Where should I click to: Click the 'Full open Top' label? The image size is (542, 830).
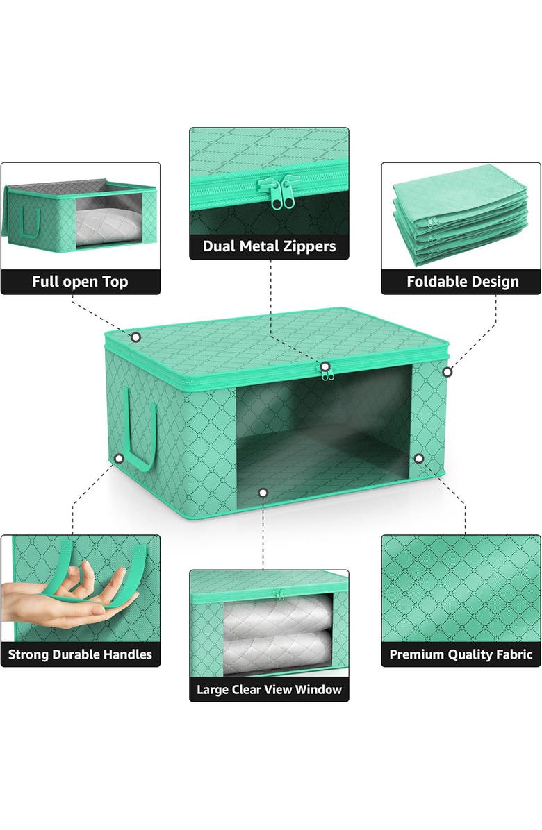tap(80, 282)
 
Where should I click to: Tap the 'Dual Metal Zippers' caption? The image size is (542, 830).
tap(269, 246)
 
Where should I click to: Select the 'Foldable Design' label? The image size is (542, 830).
tap(462, 282)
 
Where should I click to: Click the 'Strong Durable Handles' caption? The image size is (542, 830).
tap(80, 654)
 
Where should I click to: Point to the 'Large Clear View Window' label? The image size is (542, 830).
tap(269, 689)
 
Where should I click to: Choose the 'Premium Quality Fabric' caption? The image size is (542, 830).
tap(461, 654)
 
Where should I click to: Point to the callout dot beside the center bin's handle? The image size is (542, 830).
tap(120, 459)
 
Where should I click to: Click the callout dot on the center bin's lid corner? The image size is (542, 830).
tap(136, 337)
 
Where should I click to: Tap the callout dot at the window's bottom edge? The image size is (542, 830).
tap(263, 493)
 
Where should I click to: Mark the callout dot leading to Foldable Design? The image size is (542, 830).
tap(447, 372)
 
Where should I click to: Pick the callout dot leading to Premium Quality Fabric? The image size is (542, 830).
tap(418, 459)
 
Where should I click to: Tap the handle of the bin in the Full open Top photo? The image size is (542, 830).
tap(30, 221)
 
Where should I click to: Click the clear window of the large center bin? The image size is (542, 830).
tap(323, 430)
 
